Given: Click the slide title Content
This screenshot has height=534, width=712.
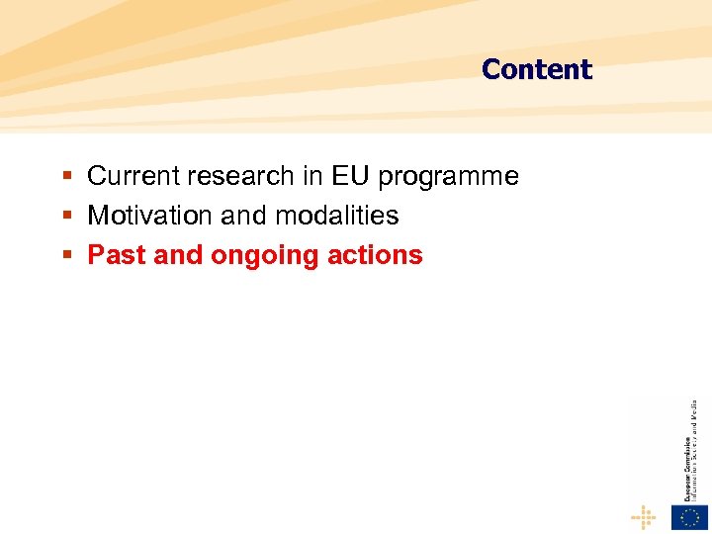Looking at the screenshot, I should coord(536,69).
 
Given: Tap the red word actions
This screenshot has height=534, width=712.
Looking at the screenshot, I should coord(377,255).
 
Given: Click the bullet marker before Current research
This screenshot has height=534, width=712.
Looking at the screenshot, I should coord(67,177).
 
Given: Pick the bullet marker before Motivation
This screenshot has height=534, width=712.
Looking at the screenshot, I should coord(67,217).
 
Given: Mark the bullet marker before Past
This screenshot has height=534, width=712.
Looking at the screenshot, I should coord(67,256).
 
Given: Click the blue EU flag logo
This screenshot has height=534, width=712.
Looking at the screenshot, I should coord(689,517).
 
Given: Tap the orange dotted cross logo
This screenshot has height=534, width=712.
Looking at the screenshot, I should coord(644,517).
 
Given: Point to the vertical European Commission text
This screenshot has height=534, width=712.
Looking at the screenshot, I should coord(685,450).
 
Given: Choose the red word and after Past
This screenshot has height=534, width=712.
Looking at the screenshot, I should coord(178,255).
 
